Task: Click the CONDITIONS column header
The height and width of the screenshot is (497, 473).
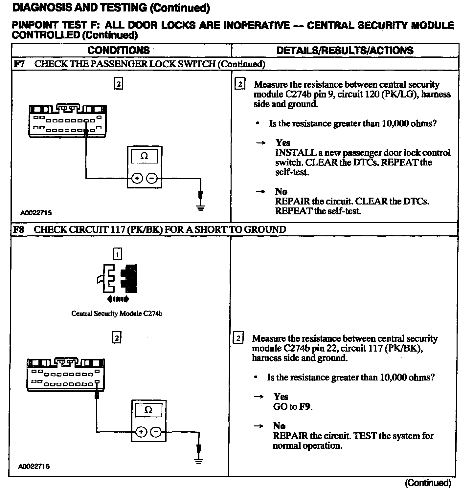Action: click(x=119, y=50)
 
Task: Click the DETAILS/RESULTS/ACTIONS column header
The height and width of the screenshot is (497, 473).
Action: click(x=345, y=50)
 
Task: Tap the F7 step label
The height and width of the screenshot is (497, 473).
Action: click(x=19, y=64)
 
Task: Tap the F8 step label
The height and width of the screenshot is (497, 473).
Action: click(x=19, y=229)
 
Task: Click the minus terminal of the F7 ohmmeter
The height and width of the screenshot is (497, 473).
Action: click(x=152, y=179)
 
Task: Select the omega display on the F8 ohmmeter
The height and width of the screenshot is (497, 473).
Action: click(x=148, y=410)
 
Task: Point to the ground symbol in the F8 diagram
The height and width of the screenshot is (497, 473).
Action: click(x=198, y=461)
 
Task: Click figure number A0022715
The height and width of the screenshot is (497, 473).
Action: click(x=36, y=213)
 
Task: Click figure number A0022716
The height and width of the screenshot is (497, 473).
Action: click(x=34, y=466)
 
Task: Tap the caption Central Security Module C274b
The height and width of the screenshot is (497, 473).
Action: click(x=117, y=313)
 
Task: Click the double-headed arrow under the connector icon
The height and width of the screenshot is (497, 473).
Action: click(x=118, y=299)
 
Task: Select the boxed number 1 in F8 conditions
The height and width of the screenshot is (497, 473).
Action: click(x=117, y=254)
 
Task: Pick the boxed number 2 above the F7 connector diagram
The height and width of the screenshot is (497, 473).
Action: click(x=118, y=84)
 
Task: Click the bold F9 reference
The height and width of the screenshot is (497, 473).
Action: click(x=305, y=407)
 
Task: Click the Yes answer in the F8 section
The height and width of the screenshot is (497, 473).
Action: click(x=281, y=397)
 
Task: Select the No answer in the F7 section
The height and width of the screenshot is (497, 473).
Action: click(x=281, y=191)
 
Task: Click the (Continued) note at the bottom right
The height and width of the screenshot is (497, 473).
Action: click(x=428, y=483)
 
